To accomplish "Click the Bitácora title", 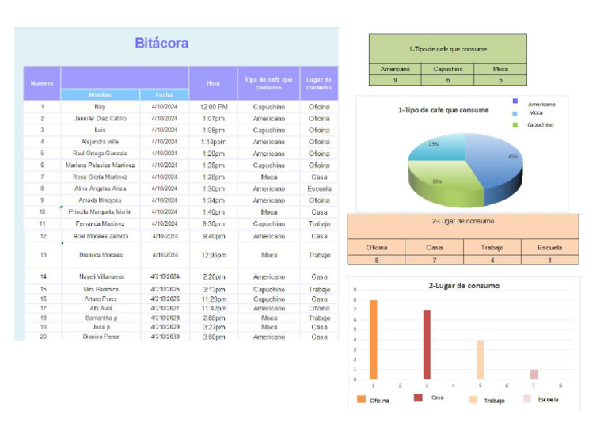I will tap(161, 43).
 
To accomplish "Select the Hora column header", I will tap(213, 82).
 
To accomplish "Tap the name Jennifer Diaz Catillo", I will tap(100, 118).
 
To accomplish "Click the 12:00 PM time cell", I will tap(213, 106).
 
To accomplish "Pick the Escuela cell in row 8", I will tap(319, 188).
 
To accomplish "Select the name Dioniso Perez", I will tap(100, 337).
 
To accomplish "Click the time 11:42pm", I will tap(213, 308).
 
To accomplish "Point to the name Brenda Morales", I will tap(101, 255).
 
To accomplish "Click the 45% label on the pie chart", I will tap(512, 157).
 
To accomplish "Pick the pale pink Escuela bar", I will tap(534, 374).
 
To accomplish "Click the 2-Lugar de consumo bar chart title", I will tap(463, 285).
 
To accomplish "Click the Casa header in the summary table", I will tap(434, 248).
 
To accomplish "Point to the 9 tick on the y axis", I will tap(355, 290).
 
